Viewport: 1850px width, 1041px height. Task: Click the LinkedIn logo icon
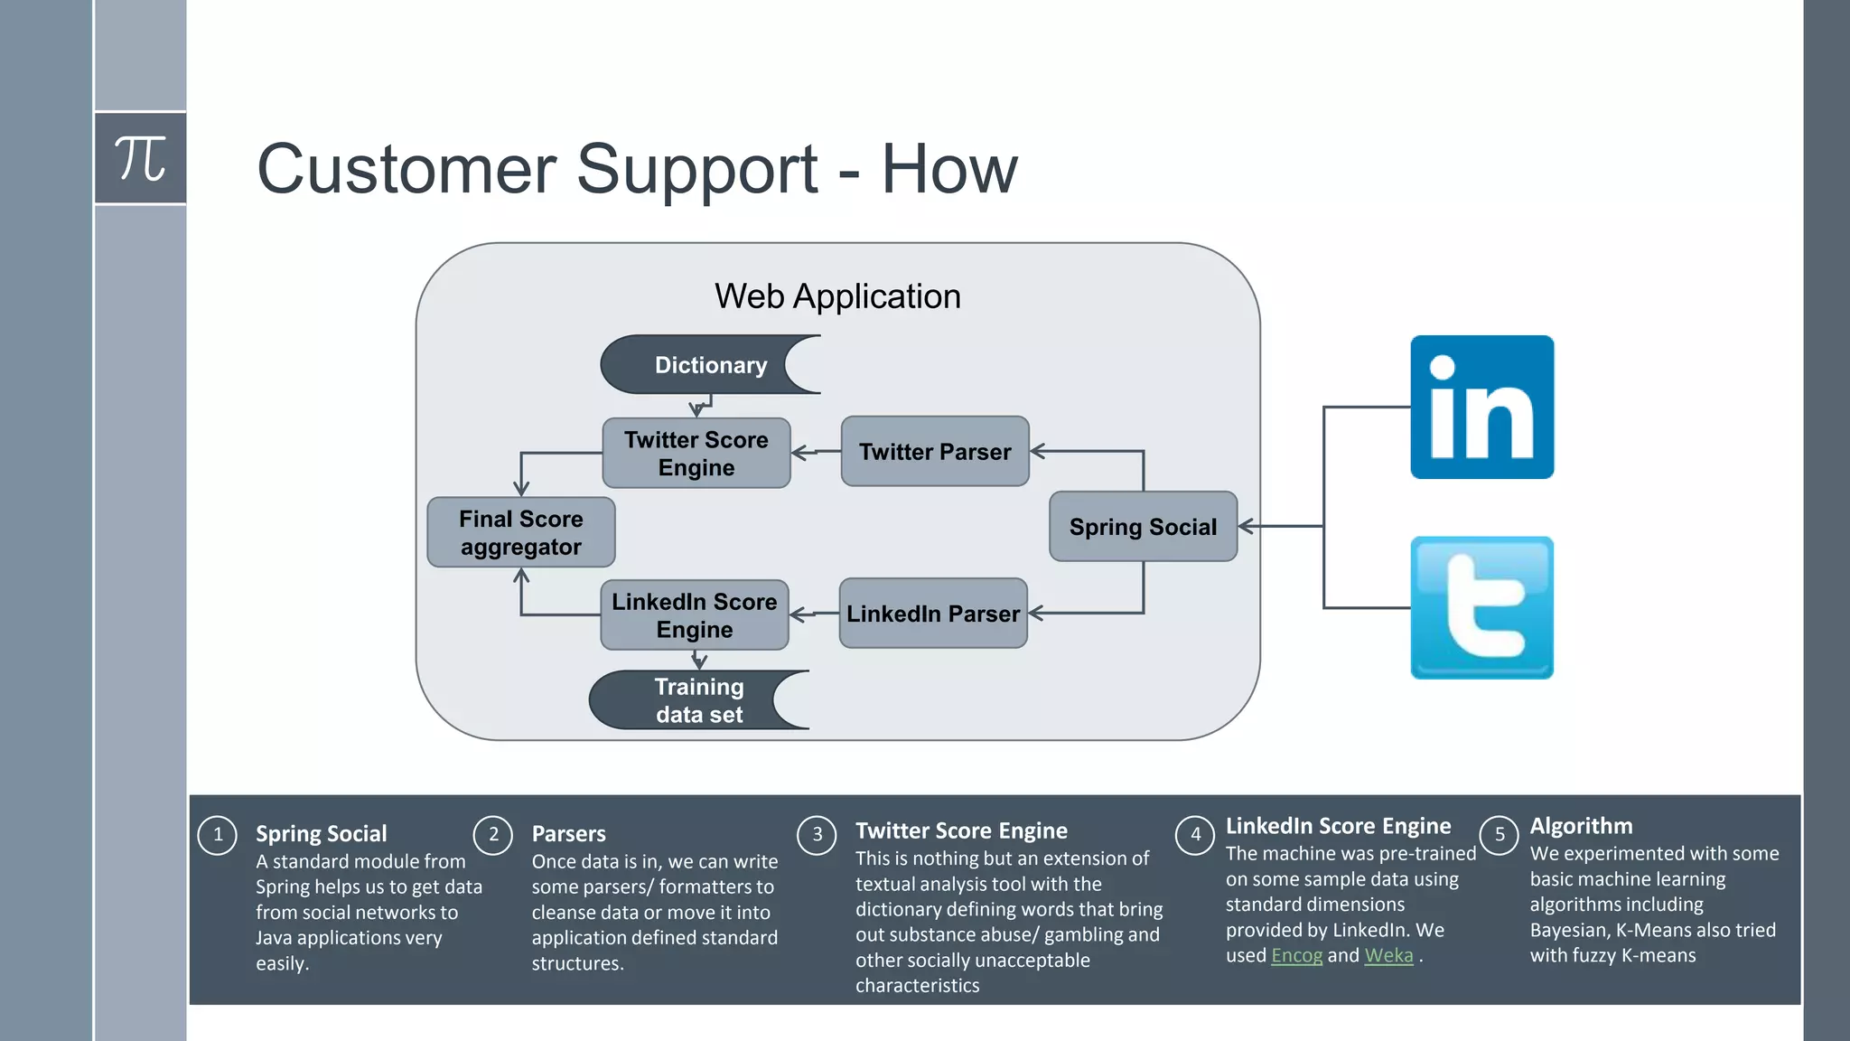(x=1481, y=407)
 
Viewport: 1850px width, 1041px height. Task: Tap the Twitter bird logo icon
(x=1481, y=607)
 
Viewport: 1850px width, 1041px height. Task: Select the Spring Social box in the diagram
(x=1143, y=527)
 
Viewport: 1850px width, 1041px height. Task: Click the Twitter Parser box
(x=935, y=452)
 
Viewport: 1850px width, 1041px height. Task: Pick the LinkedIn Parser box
(x=933, y=614)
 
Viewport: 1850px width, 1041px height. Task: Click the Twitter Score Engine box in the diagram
(x=696, y=454)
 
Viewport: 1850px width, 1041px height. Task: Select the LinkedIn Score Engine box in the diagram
(x=694, y=615)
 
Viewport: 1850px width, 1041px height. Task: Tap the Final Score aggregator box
(x=520, y=533)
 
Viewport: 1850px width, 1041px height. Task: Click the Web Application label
(x=837, y=296)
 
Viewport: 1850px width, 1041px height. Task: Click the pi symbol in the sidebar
(x=140, y=158)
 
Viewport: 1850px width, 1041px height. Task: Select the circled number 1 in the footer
(x=218, y=835)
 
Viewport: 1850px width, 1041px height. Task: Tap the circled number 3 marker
(x=818, y=835)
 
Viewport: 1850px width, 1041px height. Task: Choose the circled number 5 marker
(x=1500, y=835)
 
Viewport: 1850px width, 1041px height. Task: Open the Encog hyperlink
(x=1296, y=956)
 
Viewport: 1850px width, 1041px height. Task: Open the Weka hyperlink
(x=1388, y=956)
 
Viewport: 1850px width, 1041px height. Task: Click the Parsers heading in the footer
(x=568, y=834)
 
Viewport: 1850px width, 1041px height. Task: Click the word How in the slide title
(x=948, y=169)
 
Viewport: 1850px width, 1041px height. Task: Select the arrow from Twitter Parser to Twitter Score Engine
(x=815, y=452)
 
